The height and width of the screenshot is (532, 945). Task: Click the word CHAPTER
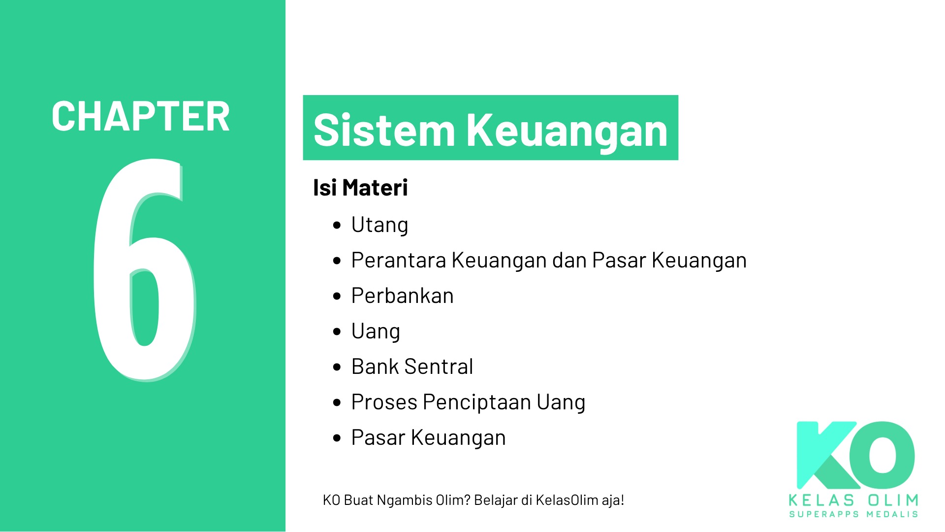click(x=141, y=117)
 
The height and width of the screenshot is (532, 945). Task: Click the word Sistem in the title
click(x=384, y=130)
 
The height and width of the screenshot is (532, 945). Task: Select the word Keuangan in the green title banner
click(x=567, y=131)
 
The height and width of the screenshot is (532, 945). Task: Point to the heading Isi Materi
click(x=360, y=188)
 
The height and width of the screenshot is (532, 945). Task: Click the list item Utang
click(x=379, y=225)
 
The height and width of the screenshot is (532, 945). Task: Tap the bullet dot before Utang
click(x=337, y=226)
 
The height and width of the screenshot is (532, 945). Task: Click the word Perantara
click(x=398, y=260)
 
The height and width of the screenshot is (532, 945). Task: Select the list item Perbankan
click(x=402, y=296)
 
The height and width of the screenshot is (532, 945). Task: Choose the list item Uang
click(x=376, y=332)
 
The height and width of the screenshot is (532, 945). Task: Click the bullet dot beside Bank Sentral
click(x=337, y=367)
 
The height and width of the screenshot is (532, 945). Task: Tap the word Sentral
click(x=439, y=366)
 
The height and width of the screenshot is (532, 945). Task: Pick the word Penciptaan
click(x=476, y=402)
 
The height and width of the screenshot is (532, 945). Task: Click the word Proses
click(x=384, y=402)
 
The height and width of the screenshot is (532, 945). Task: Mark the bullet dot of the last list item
click(x=337, y=438)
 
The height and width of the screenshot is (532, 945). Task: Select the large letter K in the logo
click(x=827, y=456)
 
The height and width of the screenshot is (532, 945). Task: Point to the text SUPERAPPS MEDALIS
click(x=853, y=514)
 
